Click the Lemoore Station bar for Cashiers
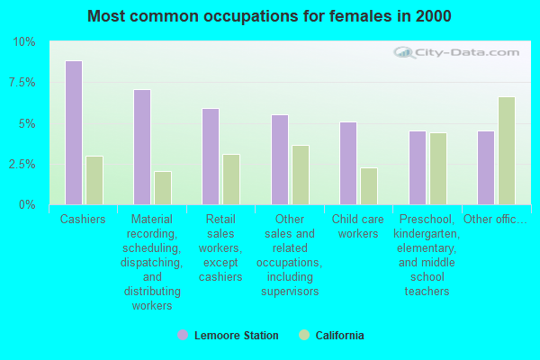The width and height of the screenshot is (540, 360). click(74, 133)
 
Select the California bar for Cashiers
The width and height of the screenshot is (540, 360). click(94, 180)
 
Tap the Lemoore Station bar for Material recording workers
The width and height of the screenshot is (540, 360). click(142, 148)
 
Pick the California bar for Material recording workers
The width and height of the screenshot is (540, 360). click(163, 188)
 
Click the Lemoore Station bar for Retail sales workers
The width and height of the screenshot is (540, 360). click(211, 157)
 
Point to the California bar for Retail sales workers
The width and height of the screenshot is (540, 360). click(231, 179)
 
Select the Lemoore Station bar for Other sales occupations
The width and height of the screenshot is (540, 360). click(280, 160)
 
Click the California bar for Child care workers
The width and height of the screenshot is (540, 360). click(369, 186)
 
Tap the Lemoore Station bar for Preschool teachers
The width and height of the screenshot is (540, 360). click(418, 168)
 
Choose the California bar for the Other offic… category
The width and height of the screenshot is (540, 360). click(507, 151)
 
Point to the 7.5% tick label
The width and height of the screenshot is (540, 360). click(22, 83)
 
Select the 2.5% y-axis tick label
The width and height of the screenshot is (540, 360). click(22, 165)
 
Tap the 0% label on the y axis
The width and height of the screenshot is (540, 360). click(27, 205)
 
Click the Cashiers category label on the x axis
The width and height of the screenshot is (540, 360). click(83, 220)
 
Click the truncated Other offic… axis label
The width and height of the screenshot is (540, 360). click(496, 220)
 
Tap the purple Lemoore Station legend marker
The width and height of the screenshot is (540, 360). click(183, 336)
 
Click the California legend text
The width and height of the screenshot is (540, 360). click(339, 336)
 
